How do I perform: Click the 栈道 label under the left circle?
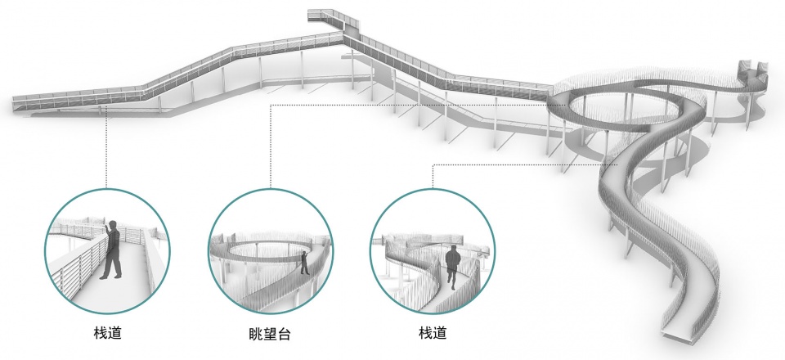click(x=108, y=333)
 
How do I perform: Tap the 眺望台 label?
click(x=270, y=334)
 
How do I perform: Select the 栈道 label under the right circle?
click(x=433, y=333)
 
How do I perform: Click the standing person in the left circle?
click(x=111, y=250)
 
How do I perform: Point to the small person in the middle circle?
click(x=304, y=263)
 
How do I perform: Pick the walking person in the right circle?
click(x=452, y=268)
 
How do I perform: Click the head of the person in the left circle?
click(x=114, y=224)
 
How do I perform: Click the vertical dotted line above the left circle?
click(x=106, y=148)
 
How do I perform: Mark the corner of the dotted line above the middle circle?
click(x=271, y=106)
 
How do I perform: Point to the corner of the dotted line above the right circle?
click(x=433, y=164)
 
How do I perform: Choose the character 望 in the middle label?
click(x=270, y=334)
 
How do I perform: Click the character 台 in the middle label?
click(x=284, y=334)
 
